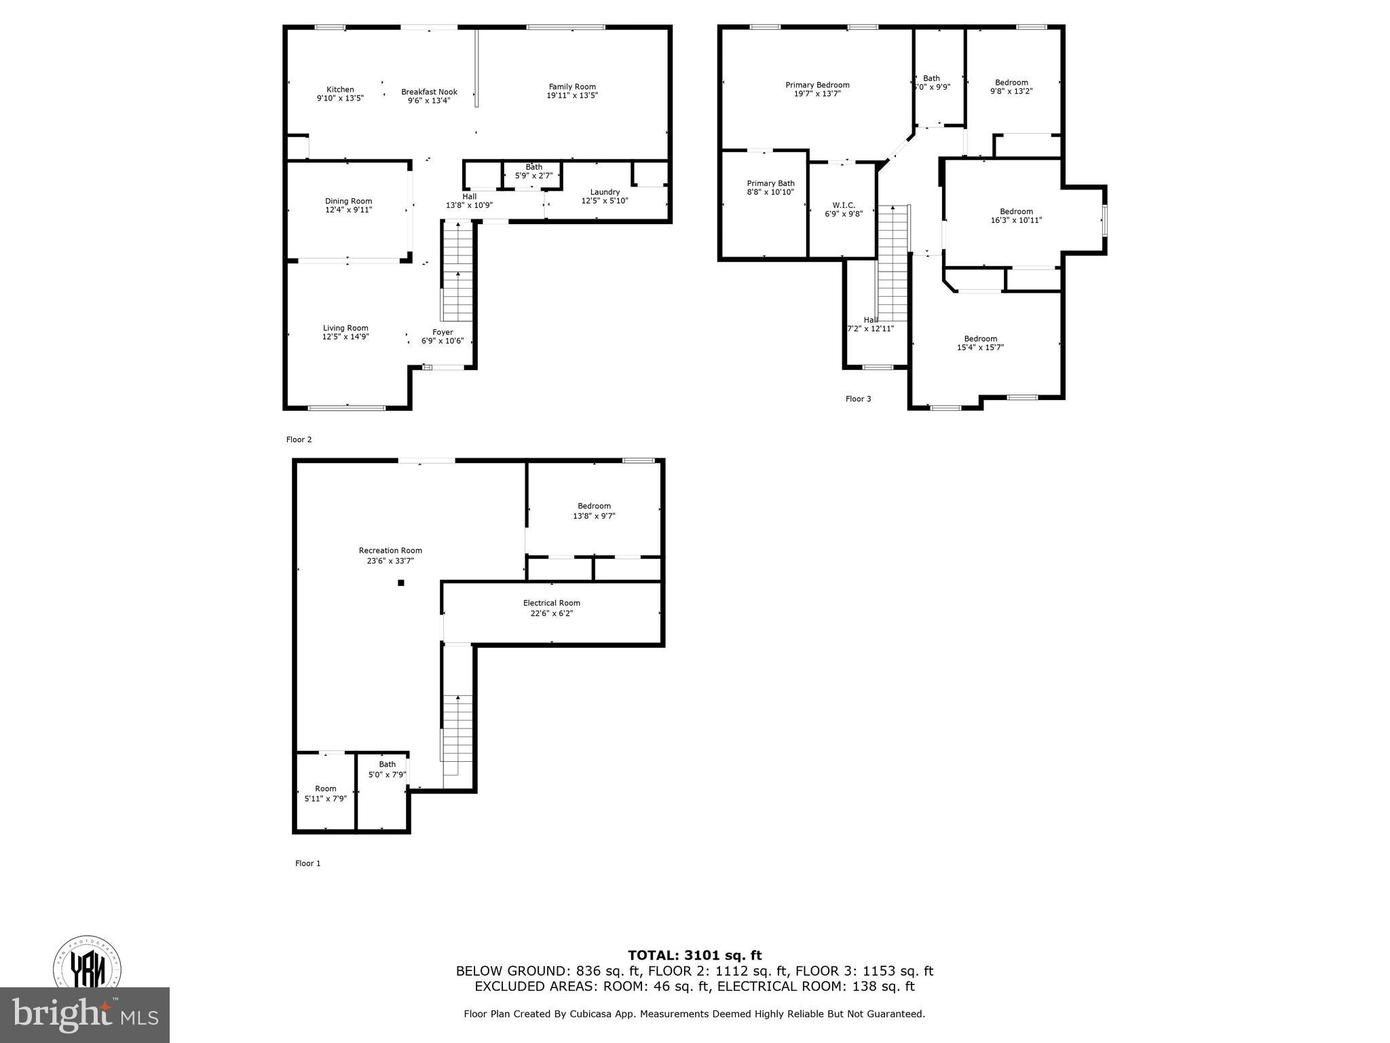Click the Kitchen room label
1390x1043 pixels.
[x=340, y=90]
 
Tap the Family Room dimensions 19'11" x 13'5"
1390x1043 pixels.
[x=572, y=96]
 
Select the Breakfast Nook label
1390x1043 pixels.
[x=429, y=92]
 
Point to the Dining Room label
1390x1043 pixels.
[x=348, y=201]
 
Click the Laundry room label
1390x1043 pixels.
[x=605, y=192]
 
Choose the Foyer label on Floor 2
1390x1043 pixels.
[x=443, y=332]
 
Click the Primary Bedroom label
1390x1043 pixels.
[x=817, y=85]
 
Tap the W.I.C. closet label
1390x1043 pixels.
[x=844, y=205]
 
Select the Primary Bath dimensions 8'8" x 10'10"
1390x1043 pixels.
[x=770, y=192]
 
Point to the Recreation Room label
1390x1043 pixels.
[x=390, y=551]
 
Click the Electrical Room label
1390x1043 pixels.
[x=551, y=603]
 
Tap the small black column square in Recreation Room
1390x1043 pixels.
[x=401, y=583]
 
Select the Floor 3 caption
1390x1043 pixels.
[x=858, y=399]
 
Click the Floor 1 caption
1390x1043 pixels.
[x=307, y=863]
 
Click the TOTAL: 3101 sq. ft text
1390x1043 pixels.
[x=694, y=955]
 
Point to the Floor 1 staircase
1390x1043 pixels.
[x=457, y=737]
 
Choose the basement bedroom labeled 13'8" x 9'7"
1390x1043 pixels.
[x=594, y=511]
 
